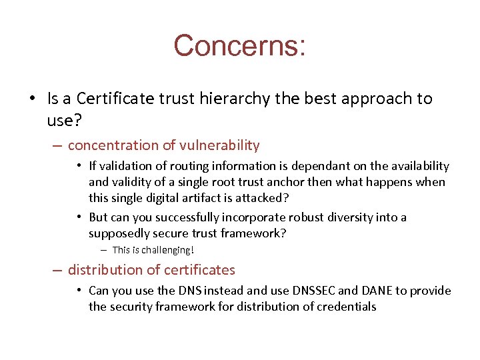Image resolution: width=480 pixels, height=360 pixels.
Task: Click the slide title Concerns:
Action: coord(239,46)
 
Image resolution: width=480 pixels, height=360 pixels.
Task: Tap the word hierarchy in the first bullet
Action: coord(233,99)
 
